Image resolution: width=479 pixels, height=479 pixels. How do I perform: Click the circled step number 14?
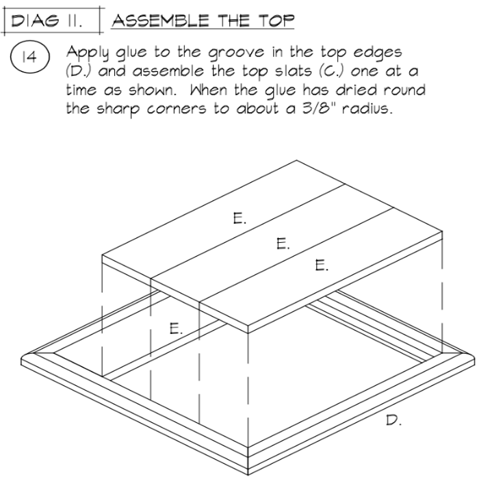coord(29,57)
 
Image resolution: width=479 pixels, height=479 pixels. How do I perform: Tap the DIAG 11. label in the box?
coord(47,21)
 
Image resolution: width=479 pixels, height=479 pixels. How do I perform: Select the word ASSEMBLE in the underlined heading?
coord(161,21)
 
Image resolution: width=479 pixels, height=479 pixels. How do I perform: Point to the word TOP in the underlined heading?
coord(276,21)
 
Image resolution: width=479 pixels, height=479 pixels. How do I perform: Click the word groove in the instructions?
coord(236,53)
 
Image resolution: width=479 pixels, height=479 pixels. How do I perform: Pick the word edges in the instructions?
coord(378,53)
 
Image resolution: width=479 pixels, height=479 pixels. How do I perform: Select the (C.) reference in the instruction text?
coord(331,71)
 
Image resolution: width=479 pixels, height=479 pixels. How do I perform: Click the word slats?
coord(294,71)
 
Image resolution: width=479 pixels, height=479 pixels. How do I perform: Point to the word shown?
coord(153,90)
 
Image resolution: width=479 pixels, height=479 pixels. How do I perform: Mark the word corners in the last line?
coord(177,109)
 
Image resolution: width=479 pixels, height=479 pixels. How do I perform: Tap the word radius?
coord(367,108)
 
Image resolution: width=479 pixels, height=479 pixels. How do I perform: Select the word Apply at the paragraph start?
coord(88,53)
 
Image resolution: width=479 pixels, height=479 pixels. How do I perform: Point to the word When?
coord(208,90)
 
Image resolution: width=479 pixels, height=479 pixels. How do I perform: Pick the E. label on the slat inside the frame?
coord(176,328)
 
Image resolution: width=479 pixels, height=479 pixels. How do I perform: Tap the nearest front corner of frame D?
coord(248,474)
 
